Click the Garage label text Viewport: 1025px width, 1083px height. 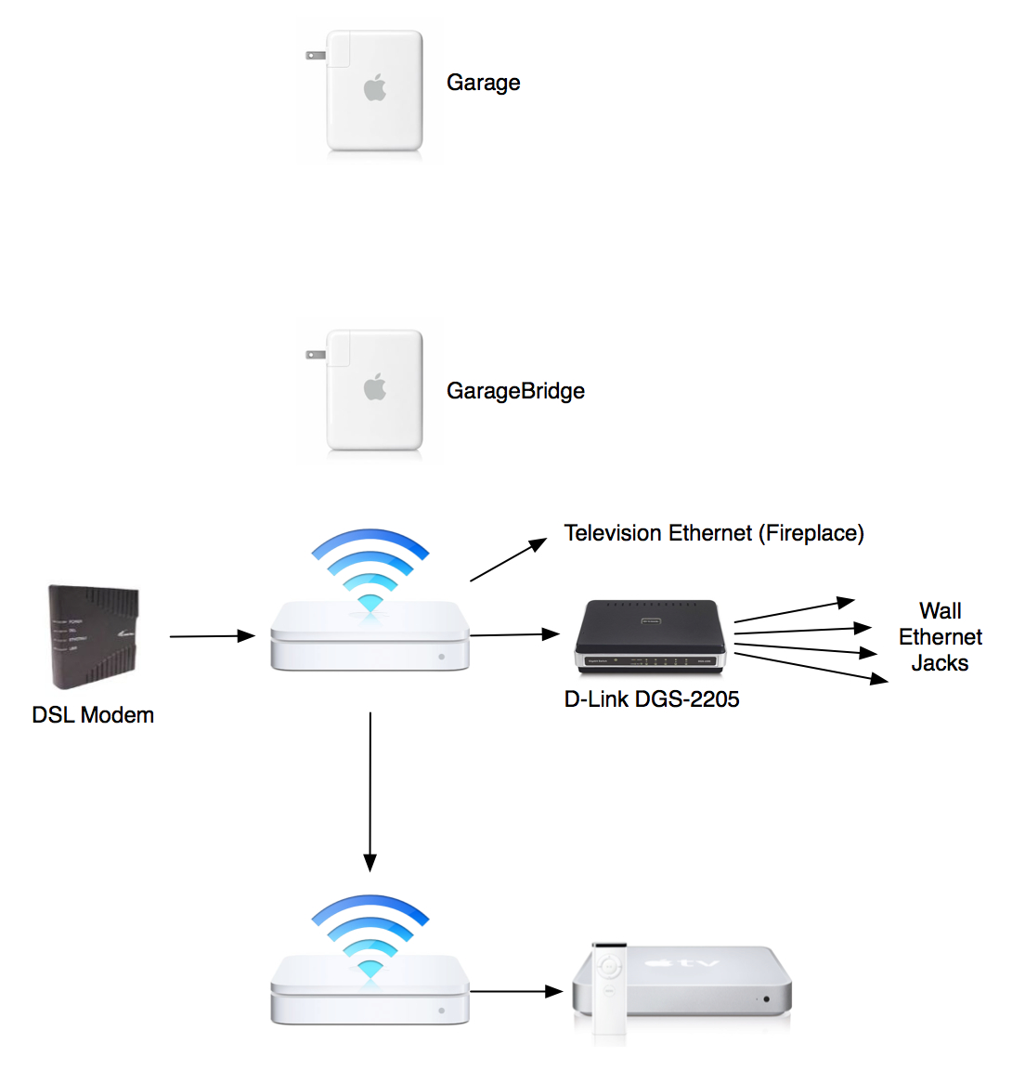coord(483,83)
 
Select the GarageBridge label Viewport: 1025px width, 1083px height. coord(515,391)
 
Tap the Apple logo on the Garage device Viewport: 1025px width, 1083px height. coord(374,89)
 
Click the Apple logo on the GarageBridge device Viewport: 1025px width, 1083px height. coord(374,387)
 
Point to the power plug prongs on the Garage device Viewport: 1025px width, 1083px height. coord(315,56)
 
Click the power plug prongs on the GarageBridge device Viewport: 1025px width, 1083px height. coord(315,355)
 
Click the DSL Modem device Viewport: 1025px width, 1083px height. coord(94,636)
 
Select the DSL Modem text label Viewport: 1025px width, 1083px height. coord(93,715)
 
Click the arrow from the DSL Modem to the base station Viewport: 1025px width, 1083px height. coord(212,636)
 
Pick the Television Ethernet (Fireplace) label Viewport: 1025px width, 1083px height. coord(714,533)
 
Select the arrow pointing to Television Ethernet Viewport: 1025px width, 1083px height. coord(509,560)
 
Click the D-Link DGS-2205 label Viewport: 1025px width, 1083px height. coord(652,699)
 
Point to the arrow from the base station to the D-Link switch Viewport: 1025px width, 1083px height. coord(514,634)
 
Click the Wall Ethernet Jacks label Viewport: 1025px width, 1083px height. coord(940,637)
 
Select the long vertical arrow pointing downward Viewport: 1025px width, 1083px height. coord(370,789)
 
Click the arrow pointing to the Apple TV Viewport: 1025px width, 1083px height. coord(516,991)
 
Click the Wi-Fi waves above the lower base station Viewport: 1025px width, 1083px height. coord(370,933)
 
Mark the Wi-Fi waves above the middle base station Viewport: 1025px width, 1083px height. coord(370,568)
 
